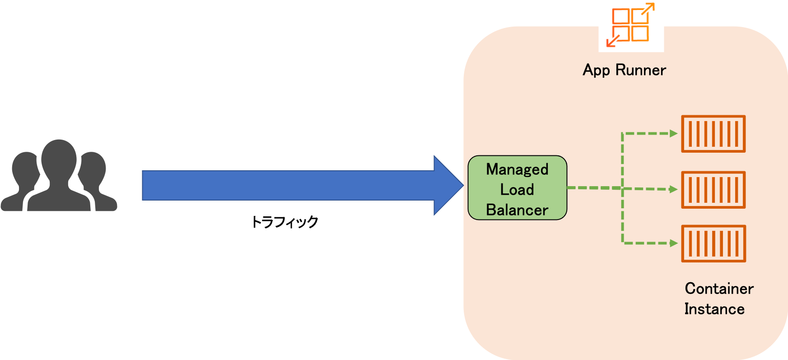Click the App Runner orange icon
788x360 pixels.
click(631, 25)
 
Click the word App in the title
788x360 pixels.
click(596, 70)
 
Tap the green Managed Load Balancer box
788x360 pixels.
click(517, 188)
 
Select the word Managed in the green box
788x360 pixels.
click(517, 169)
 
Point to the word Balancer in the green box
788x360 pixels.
click(517, 210)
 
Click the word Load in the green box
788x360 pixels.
click(517, 190)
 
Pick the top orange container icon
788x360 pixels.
click(713, 134)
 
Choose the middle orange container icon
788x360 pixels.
click(713, 190)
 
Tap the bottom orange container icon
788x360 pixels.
click(713, 243)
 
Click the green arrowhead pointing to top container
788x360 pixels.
click(673, 134)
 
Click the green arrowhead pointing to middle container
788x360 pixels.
click(673, 190)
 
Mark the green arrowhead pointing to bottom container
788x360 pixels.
click(673, 243)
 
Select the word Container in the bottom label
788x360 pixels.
click(719, 289)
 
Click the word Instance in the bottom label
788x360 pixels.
click(714, 309)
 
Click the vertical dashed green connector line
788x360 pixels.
click(622, 217)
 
